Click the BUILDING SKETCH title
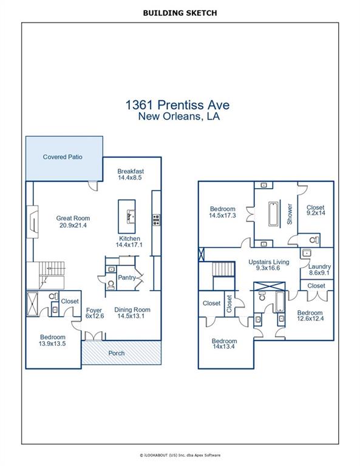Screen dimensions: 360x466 [180, 13]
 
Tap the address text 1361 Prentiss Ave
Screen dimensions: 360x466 [177, 105]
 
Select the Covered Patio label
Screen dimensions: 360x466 [63, 157]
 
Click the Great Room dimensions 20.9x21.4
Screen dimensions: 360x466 [73, 225]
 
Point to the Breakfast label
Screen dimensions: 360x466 [131, 171]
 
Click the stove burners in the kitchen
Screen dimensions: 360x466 [156, 220]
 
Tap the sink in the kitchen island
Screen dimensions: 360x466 [131, 217]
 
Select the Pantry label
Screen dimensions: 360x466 [127, 277]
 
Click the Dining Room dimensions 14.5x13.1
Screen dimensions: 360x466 [131, 316]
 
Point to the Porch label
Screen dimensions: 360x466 [117, 353]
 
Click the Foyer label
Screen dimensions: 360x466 [94, 310]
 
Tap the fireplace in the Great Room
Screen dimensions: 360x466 [32, 221]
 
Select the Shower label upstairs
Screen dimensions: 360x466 [290, 214]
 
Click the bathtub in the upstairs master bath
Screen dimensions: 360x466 [274, 214]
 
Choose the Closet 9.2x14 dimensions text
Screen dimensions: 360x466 [316, 213]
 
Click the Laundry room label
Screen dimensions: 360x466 [319, 266]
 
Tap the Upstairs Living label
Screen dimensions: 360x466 [269, 262]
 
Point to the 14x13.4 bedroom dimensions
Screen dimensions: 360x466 [224, 346]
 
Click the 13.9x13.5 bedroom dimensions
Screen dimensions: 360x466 [52, 344]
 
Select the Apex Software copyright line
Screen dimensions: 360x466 [180, 455]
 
